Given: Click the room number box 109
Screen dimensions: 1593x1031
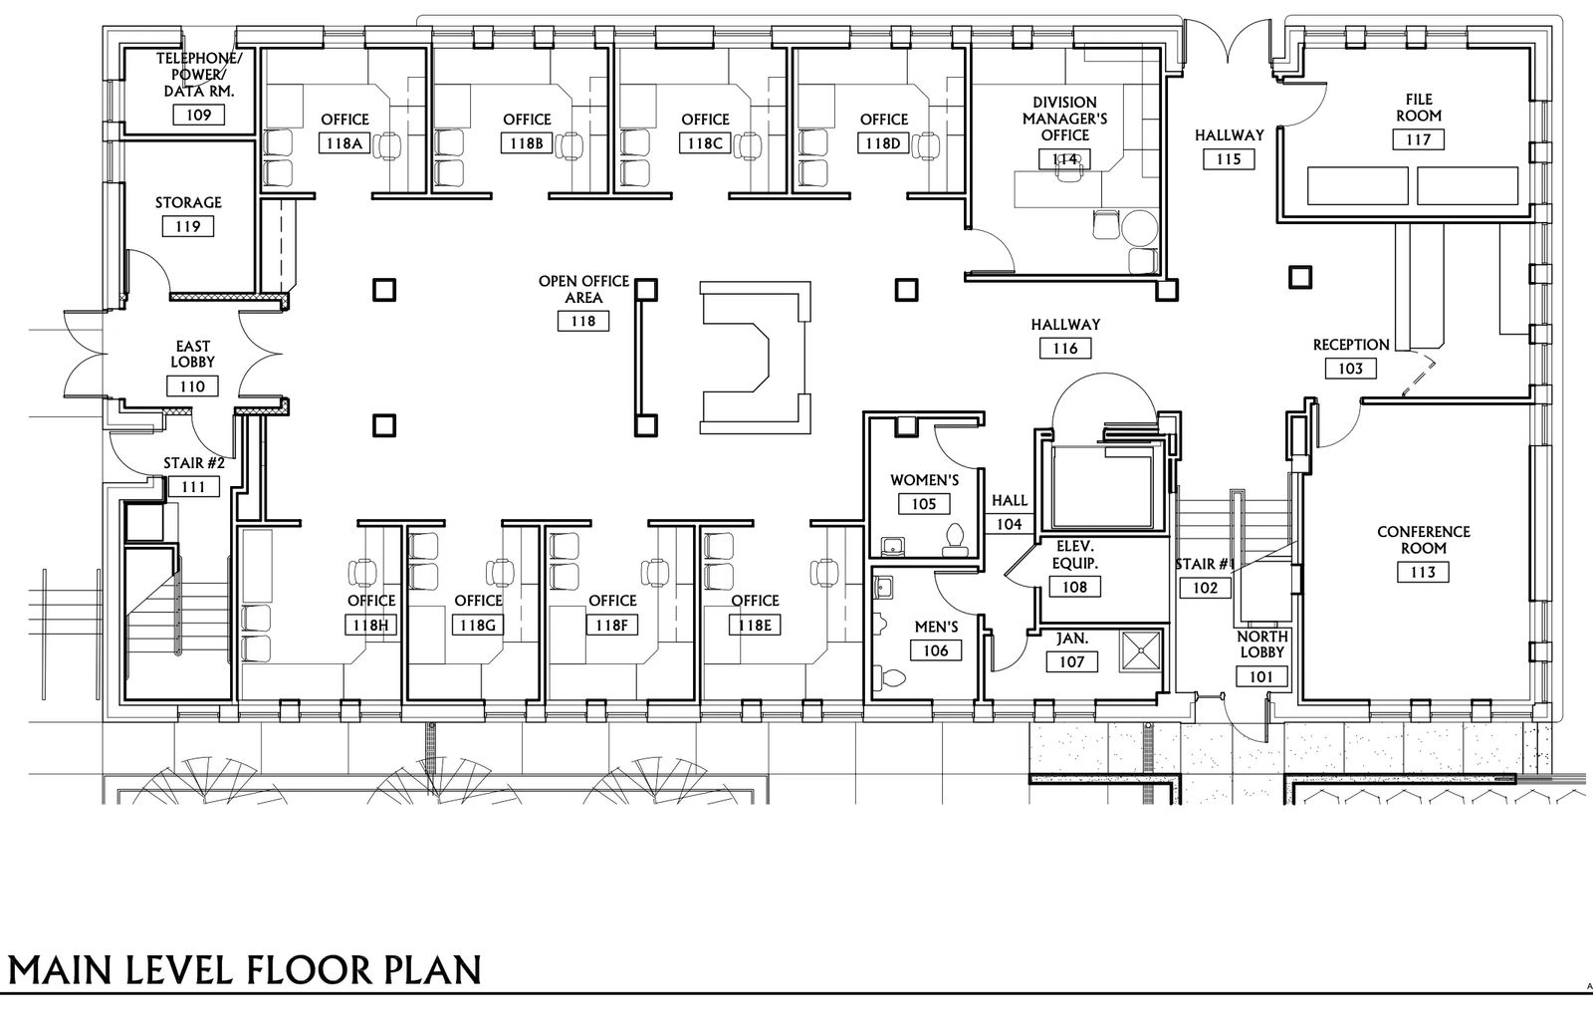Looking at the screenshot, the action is point(198,116).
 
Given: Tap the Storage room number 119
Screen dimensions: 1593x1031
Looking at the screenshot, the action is point(188,227).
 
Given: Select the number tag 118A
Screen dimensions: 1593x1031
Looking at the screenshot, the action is point(344,143).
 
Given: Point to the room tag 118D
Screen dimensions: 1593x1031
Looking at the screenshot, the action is point(883,143).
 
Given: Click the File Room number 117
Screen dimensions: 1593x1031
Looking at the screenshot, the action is point(1418,139).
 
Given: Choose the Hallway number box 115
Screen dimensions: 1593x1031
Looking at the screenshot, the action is point(1229,159).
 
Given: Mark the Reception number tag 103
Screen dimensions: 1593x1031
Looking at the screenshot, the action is point(1350,369).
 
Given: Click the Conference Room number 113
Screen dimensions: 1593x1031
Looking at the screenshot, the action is point(1423,572).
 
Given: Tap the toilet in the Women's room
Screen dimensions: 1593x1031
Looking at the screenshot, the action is point(955,540).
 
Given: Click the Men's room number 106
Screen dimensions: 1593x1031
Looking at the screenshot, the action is point(936,650).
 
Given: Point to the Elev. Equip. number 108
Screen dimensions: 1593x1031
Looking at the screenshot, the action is point(1074,587).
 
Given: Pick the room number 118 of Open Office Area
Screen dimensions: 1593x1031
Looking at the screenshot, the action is point(583,321).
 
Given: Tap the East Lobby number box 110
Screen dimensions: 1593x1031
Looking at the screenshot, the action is point(192,387).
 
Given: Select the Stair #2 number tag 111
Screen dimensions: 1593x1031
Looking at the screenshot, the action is point(193,487).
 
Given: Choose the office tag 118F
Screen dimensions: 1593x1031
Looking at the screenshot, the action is point(611,625).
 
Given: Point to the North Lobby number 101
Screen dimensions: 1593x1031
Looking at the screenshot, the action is point(1260,676).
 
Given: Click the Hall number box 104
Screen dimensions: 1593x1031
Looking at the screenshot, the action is point(1010,524).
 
